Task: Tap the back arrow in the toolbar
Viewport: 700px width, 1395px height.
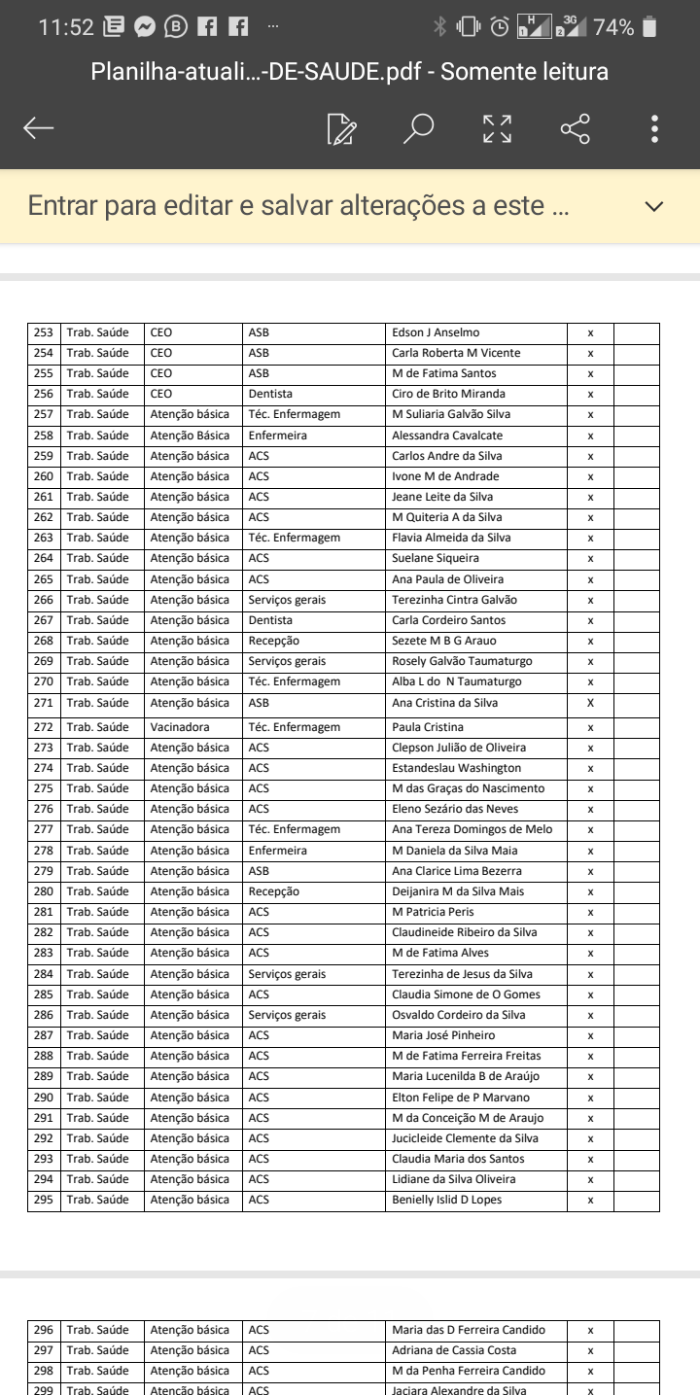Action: [x=39, y=128]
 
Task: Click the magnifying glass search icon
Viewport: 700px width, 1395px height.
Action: [x=418, y=128]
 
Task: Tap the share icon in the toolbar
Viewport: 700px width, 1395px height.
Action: [x=575, y=128]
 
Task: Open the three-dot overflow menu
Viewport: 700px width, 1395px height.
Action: [x=655, y=128]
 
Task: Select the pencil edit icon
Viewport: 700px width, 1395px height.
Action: [x=342, y=128]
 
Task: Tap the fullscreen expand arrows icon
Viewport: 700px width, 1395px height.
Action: [x=497, y=128]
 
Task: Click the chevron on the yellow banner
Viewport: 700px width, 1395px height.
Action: [x=654, y=206]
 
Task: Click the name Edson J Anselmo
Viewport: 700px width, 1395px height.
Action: [x=436, y=332]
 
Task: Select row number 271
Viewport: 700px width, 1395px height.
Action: [x=44, y=703]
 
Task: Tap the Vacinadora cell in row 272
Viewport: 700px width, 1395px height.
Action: [x=180, y=727]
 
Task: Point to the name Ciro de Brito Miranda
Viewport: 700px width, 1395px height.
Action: [x=448, y=394]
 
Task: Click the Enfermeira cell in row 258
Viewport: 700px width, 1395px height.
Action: [x=277, y=436]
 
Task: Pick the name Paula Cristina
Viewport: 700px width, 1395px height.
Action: [x=428, y=727]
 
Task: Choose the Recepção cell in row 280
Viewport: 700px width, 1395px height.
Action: [x=273, y=891]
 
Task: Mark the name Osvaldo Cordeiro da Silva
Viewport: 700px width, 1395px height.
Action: [x=459, y=1015]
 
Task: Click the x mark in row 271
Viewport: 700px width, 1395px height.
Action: [x=590, y=703]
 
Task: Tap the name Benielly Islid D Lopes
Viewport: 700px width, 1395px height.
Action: [x=447, y=1200]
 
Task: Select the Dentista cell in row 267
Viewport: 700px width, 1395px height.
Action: [x=270, y=620]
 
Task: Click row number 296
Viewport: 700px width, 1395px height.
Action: [x=44, y=1330]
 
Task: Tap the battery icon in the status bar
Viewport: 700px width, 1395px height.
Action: [x=650, y=27]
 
